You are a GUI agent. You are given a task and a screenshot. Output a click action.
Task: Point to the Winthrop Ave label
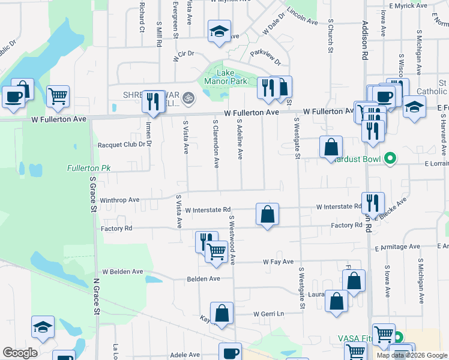tap(119, 200)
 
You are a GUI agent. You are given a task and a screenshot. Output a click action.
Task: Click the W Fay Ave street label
tap(279, 262)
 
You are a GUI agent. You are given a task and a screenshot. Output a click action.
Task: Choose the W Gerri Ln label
tap(268, 314)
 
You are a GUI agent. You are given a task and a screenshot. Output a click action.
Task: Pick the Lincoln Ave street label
tap(302, 17)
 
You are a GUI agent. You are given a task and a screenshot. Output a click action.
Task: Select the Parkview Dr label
tap(265, 54)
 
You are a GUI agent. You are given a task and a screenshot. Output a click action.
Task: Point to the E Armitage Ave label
tap(397, 247)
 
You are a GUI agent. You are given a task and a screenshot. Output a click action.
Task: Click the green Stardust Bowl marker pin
tap(390, 159)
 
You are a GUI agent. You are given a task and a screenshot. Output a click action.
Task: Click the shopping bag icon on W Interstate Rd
tap(267, 214)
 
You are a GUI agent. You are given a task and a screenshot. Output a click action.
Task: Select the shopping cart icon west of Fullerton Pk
tap(58, 96)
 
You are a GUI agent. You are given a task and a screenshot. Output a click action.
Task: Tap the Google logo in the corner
tap(20, 353)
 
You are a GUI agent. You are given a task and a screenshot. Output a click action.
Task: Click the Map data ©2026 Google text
tap(412, 355)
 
